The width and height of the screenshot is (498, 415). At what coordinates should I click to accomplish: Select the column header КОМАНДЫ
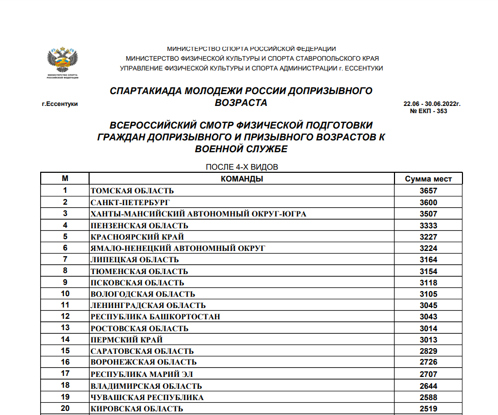[242, 179]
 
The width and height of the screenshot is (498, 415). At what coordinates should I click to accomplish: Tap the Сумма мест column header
[428, 179]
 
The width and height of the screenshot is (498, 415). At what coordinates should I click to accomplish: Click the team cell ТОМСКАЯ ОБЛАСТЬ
[132, 191]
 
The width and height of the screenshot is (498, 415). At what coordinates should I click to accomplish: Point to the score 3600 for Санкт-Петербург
[428, 202]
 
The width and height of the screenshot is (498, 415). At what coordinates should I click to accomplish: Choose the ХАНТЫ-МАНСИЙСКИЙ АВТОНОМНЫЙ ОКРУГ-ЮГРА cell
[198, 214]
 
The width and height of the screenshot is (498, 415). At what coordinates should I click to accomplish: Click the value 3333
[428, 225]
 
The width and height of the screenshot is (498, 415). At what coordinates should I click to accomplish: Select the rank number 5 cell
[65, 237]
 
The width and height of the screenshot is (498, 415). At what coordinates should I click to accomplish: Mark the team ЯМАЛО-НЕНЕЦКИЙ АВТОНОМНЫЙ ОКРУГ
[178, 248]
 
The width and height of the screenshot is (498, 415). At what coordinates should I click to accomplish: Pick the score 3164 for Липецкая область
[428, 260]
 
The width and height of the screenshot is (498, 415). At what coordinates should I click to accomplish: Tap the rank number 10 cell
[65, 294]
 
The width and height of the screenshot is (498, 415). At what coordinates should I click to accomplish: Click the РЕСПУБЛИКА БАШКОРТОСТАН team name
[155, 317]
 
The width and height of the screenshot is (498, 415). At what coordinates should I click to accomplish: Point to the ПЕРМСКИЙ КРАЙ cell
[127, 340]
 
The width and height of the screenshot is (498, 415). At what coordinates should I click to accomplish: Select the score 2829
[428, 351]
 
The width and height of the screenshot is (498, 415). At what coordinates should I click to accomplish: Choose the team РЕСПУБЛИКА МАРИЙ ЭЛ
[142, 374]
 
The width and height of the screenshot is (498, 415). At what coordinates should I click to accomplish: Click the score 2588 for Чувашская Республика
[428, 398]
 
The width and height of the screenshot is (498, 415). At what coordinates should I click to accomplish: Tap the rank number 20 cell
[65, 409]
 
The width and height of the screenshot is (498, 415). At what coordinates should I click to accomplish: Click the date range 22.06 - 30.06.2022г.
[432, 104]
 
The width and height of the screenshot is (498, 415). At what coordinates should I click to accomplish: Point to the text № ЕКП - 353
[428, 111]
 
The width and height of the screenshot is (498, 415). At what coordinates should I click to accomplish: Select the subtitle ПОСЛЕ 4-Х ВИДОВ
[242, 168]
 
